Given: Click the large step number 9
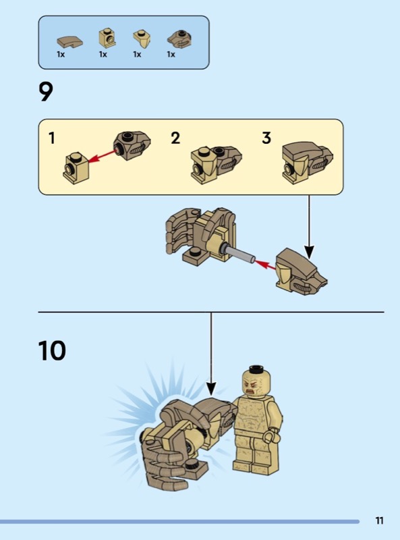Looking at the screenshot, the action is pyautogui.click(x=46, y=92).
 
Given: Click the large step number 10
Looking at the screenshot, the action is pyautogui.click(x=52, y=350).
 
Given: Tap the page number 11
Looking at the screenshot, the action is pyautogui.click(x=379, y=520).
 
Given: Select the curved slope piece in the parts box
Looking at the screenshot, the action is pyautogui.click(x=69, y=42).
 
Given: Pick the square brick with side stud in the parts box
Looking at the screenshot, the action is pyautogui.click(x=107, y=38).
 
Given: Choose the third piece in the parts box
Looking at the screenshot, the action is pyautogui.click(x=142, y=38).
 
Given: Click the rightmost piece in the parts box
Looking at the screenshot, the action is pyautogui.click(x=179, y=39).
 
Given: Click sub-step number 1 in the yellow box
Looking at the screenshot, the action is pyautogui.click(x=52, y=138).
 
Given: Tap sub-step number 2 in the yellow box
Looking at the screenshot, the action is pyautogui.click(x=175, y=138).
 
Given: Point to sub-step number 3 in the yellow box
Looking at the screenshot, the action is pyautogui.click(x=266, y=138).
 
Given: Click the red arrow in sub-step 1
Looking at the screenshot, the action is pyautogui.click(x=103, y=156).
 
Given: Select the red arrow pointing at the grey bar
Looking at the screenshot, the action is pyautogui.click(x=265, y=265).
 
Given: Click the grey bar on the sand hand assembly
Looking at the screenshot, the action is pyautogui.click(x=239, y=252).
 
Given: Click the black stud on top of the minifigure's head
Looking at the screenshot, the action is pyautogui.click(x=256, y=369).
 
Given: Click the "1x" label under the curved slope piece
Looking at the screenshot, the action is pyautogui.click(x=61, y=55).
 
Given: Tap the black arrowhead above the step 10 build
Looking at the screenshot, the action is pyautogui.click(x=211, y=389).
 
